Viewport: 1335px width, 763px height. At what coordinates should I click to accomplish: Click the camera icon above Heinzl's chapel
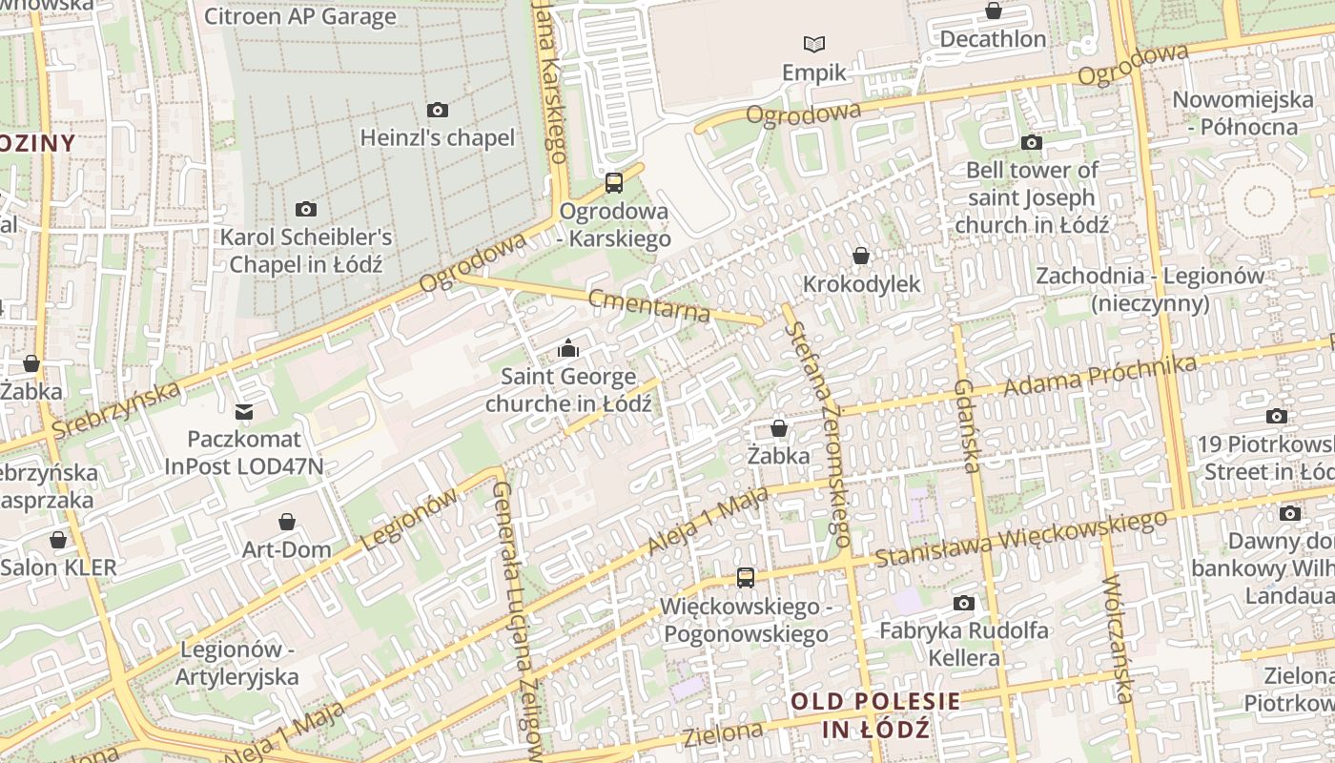pos(438,110)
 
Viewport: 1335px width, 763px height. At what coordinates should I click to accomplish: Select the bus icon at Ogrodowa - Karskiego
pos(614,182)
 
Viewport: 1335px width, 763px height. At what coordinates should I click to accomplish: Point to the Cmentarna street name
pos(649,305)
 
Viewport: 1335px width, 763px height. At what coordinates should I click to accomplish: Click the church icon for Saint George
pos(568,348)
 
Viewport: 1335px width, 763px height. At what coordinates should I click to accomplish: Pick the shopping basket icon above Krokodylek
pos(861,256)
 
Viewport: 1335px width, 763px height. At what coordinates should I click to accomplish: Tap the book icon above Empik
pos(813,44)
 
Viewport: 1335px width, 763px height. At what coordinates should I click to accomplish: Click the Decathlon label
pos(993,39)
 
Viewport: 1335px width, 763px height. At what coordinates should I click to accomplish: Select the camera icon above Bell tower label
pos(1031,142)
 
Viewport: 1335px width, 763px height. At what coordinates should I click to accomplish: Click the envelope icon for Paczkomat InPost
pos(244,412)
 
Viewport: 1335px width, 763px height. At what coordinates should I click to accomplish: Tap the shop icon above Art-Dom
pos(286,522)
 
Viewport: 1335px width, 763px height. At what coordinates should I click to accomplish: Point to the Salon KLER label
pos(58,567)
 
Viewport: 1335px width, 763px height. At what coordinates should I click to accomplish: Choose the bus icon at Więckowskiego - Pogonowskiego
pos(745,577)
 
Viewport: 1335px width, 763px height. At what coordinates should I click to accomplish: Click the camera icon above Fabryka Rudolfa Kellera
pos(964,603)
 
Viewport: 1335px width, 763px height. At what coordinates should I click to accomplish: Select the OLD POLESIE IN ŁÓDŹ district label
pos(874,715)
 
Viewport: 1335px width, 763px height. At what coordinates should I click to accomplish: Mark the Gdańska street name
pos(967,425)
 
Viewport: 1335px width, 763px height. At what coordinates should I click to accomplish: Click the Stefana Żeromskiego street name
pos(817,434)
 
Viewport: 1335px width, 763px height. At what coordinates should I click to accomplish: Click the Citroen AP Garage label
pos(299,16)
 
